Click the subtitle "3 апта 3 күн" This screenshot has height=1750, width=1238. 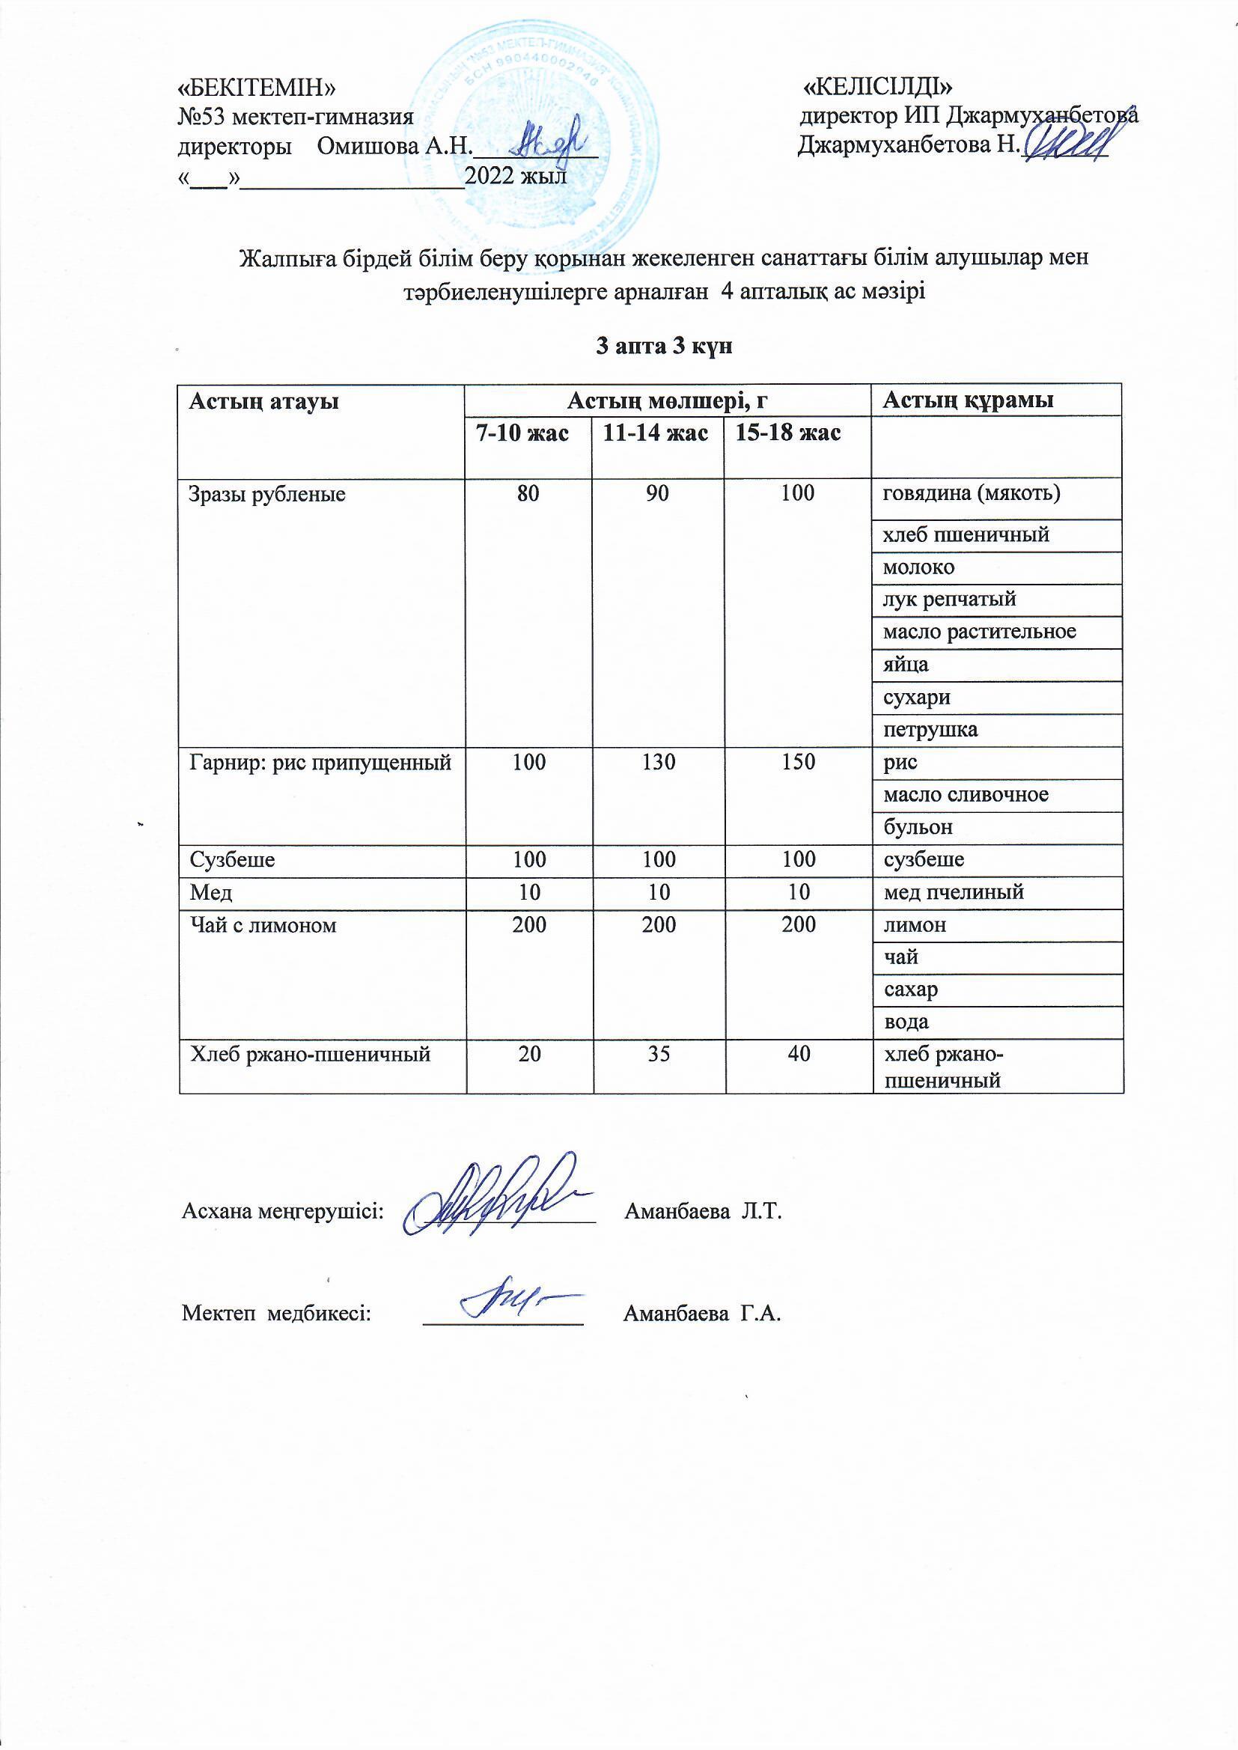point(663,347)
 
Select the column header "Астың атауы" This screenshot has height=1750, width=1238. point(263,401)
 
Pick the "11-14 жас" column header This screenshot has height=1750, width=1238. point(656,433)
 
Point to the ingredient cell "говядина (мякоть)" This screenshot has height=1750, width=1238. point(972,493)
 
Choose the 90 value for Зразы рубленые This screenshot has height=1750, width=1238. point(658,493)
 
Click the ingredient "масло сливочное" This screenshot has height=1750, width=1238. point(965,794)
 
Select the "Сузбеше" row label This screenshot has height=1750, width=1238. point(232,860)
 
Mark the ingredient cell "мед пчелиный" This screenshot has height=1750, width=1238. point(953,891)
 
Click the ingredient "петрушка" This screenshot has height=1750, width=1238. point(930,730)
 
